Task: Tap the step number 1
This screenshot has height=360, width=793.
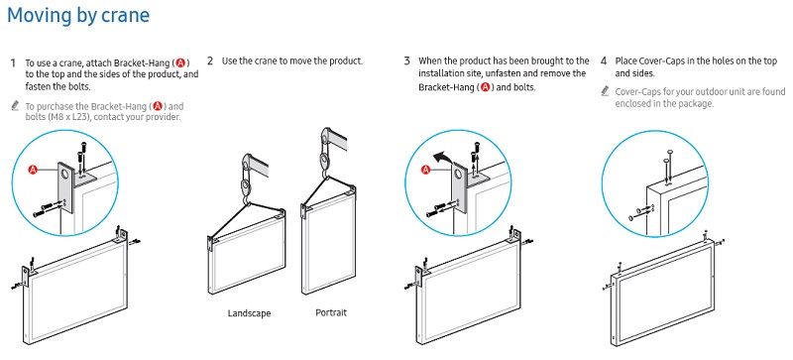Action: pos(13,63)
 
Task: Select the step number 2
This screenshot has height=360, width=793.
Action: pos(210,61)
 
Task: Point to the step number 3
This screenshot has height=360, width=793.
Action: pos(406,61)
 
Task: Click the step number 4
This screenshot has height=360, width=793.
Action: pos(604,61)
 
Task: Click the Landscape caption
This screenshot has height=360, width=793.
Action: pos(249,313)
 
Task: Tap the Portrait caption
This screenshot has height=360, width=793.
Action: pos(331,312)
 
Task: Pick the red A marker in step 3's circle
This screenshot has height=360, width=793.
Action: pos(426,171)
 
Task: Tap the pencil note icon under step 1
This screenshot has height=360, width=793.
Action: pos(15,106)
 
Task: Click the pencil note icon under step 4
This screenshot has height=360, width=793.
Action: pos(605,91)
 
